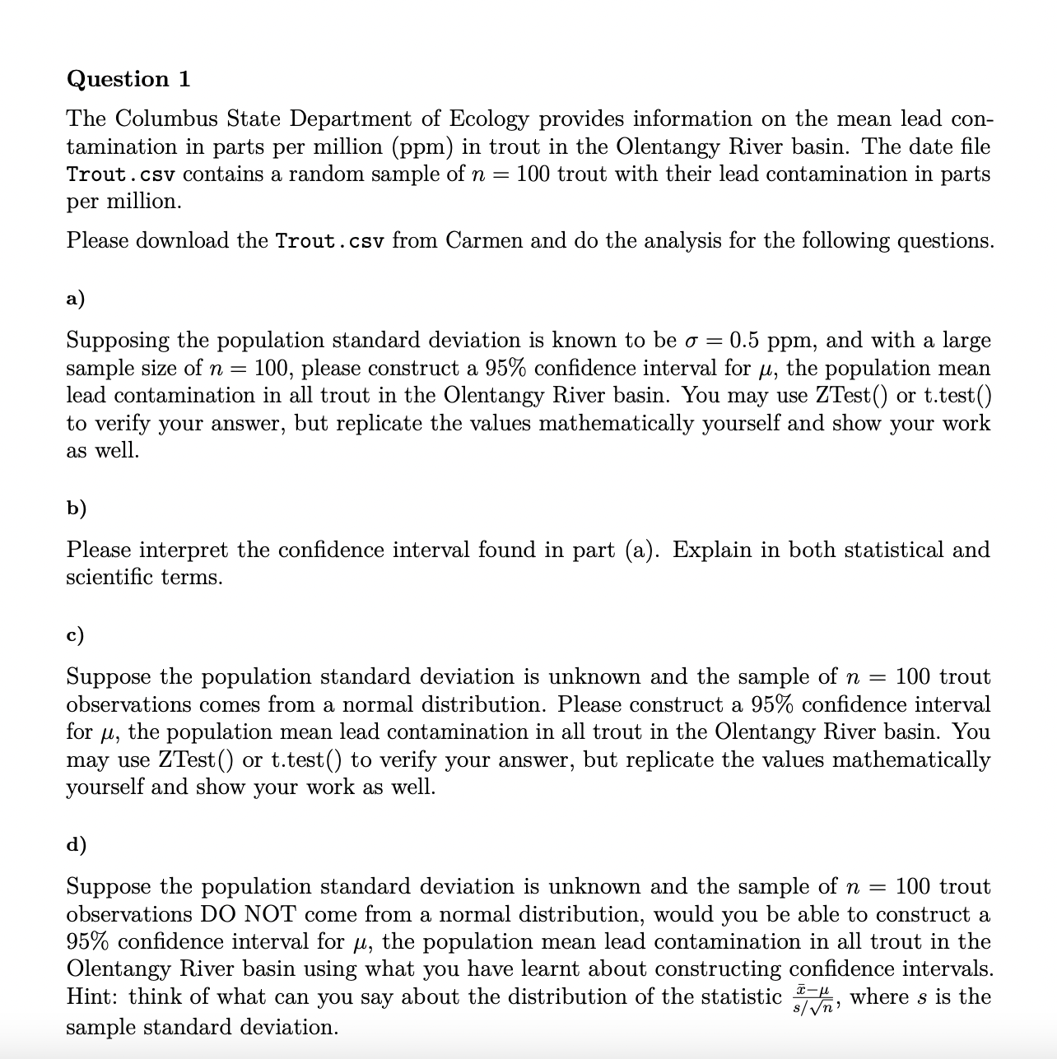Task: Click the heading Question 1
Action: click(128, 79)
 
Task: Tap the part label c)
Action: click(75, 635)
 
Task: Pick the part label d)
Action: click(76, 845)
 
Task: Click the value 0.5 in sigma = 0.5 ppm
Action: click(744, 341)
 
